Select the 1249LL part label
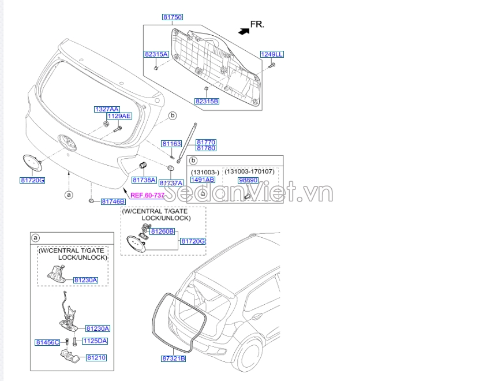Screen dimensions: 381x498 (x=271, y=54)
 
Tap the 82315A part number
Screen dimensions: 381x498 (x=156, y=54)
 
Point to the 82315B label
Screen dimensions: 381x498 (x=207, y=101)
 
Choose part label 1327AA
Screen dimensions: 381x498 (x=107, y=109)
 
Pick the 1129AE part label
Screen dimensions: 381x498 (x=119, y=116)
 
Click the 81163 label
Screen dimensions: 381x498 (x=171, y=144)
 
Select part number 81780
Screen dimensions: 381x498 (x=206, y=148)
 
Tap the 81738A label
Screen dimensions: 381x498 (x=145, y=180)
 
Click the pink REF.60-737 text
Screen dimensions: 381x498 (x=147, y=195)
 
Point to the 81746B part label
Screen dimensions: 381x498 (x=113, y=201)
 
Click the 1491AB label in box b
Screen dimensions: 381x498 (x=203, y=180)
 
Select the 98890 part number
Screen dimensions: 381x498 (x=248, y=180)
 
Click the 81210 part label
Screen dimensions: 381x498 (x=96, y=358)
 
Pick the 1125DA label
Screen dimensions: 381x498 (x=95, y=341)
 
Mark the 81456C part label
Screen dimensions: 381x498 (x=47, y=342)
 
